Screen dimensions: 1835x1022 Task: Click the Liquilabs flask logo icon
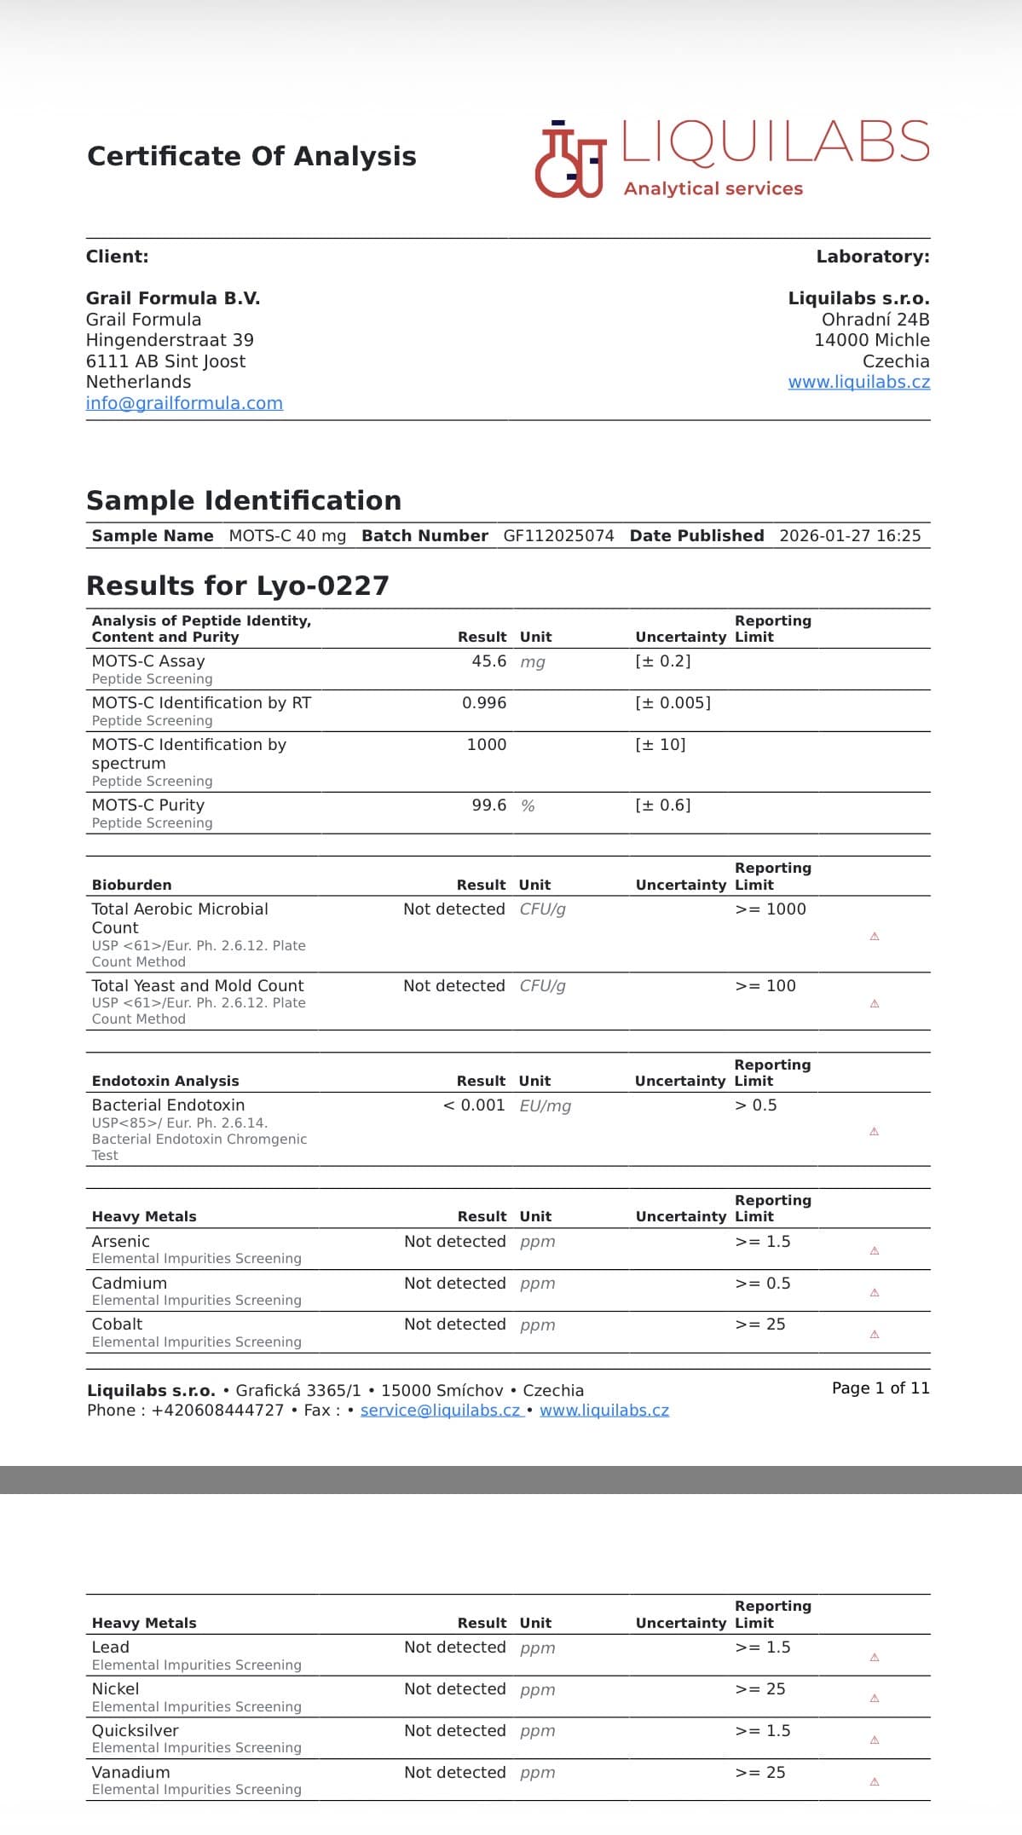[x=569, y=160]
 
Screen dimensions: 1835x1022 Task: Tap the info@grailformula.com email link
[x=184, y=403]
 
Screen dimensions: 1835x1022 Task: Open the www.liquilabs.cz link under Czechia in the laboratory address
[x=858, y=382]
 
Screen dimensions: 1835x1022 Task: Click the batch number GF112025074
[x=558, y=536]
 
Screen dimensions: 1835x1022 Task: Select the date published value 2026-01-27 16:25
[x=850, y=536]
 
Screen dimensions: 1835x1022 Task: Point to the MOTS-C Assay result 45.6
[x=489, y=661]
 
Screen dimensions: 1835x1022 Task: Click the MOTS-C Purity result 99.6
[x=489, y=805]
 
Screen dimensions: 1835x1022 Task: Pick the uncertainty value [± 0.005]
[x=673, y=703]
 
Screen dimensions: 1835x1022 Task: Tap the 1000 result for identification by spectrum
[x=487, y=745]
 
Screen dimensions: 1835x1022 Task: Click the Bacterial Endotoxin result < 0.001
[x=474, y=1105]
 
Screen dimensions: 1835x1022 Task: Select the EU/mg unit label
[x=546, y=1106]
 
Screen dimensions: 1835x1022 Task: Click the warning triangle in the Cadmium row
[x=875, y=1293]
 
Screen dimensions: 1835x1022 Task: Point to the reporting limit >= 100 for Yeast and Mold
[x=765, y=986]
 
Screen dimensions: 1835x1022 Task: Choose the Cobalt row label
[x=118, y=1324]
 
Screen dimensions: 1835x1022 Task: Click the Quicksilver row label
[x=136, y=1731]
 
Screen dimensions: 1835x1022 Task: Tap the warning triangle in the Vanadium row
[x=875, y=1782]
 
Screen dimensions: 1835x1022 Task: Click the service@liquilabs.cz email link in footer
[x=441, y=1411]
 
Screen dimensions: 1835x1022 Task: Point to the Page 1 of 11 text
[x=881, y=1388]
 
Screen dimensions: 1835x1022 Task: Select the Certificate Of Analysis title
[x=251, y=157]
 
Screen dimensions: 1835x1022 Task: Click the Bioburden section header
[x=132, y=886]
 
